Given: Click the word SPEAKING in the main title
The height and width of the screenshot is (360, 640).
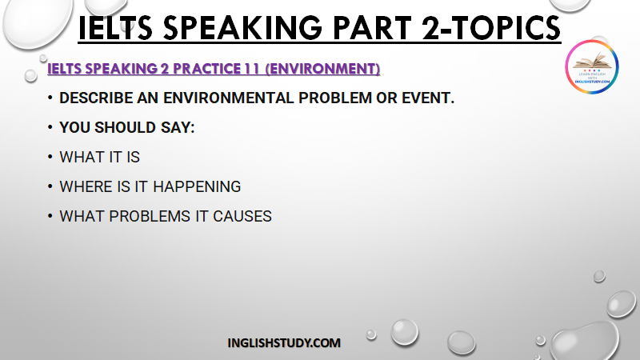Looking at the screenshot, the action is click(242, 28).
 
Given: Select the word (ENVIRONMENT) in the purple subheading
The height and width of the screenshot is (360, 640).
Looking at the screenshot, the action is click(322, 69).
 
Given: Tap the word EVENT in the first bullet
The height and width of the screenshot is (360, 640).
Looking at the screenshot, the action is click(428, 98).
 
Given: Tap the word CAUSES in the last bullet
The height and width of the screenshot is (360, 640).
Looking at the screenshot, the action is click(242, 216).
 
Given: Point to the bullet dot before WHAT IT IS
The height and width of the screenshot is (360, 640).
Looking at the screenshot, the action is click(50, 157).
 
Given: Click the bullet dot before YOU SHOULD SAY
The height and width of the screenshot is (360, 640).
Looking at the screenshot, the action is click(50, 127).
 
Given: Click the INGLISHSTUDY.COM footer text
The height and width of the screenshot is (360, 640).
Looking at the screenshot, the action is click(284, 343).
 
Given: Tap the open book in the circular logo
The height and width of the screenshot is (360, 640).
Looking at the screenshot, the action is click(592, 61).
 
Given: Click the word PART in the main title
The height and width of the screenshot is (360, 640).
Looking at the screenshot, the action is click(372, 28).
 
